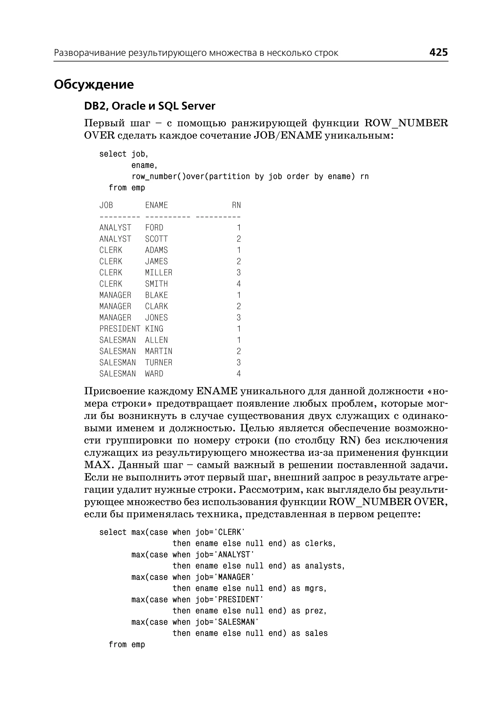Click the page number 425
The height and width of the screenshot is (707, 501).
(x=438, y=52)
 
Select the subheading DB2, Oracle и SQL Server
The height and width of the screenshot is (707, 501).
(x=150, y=106)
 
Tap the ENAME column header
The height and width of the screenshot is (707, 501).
(x=156, y=205)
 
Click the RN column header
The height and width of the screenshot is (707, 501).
(x=236, y=205)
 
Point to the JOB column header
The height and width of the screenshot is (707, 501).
(x=106, y=205)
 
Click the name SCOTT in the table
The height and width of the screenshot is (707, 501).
(x=156, y=239)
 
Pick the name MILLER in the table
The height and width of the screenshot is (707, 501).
(x=159, y=273)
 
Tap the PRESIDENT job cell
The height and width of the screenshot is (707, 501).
(x=120, y=329)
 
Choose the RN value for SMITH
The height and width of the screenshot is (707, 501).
(x=239, y=284)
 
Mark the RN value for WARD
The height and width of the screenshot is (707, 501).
(x=239, y=374)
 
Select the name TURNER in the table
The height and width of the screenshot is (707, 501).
(x=159, y=363)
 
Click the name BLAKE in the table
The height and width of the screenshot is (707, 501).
(x=156, y=295)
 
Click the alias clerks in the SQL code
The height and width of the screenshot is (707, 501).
(x=319, y=544)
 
